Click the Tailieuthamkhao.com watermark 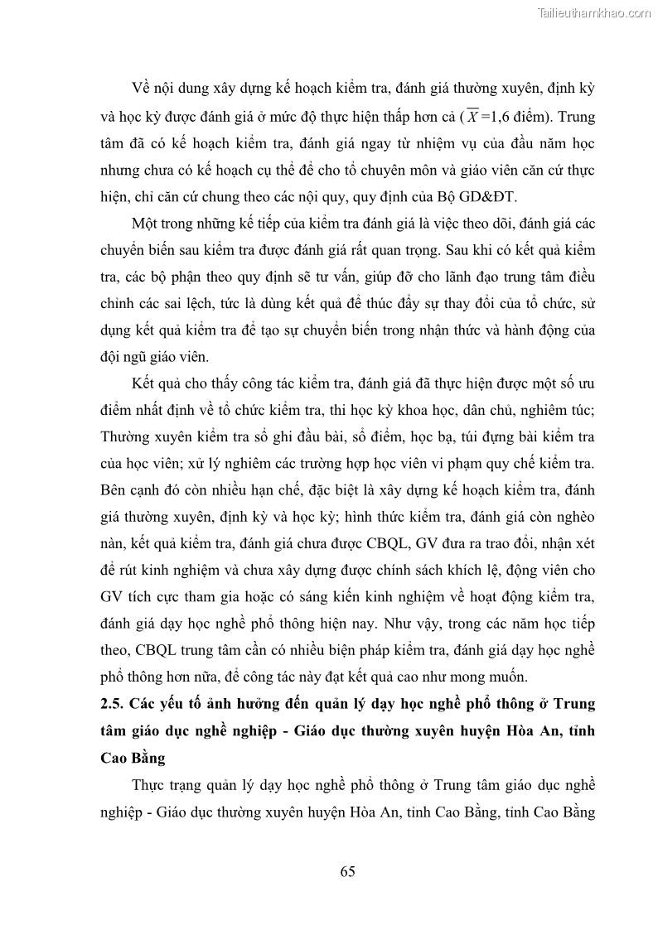pos(594,12)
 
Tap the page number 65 pos(347,870)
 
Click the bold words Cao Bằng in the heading pos(132,758)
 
